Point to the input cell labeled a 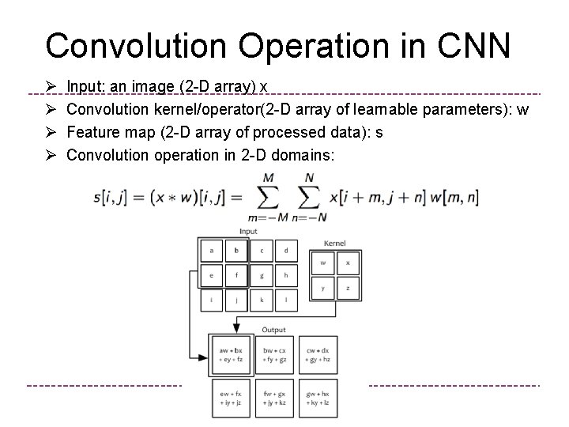click(212, 251)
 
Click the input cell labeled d click(285, 251)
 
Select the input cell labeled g click(261, 276)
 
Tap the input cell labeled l click(285, 301)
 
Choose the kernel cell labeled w click(322, 263)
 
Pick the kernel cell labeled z click(348, 288)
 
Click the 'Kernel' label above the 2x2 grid click(335, 243)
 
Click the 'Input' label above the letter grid click(249, 232)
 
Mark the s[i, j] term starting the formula click(110, 197)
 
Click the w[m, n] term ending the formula click(454, 197)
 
